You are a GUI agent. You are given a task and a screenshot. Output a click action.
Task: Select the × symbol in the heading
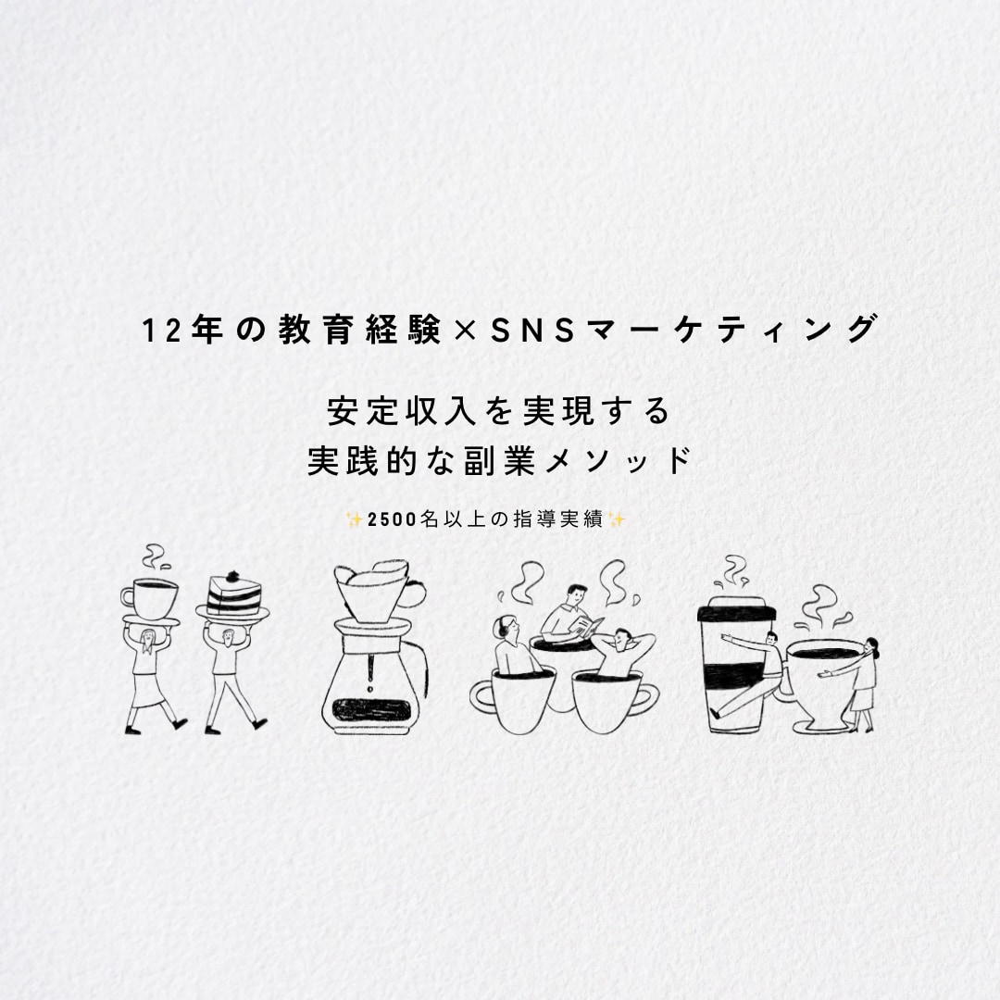coord(466,331)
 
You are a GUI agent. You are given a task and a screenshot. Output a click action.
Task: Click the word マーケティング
coord(732,330)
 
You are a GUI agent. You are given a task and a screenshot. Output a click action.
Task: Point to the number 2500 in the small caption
coord(393,519)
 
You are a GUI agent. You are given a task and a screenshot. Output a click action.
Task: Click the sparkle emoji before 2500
coord(354,519)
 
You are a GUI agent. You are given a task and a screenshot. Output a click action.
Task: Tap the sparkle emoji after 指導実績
coord(617,519)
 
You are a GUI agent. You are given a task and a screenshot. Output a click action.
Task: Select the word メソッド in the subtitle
coord(619,460)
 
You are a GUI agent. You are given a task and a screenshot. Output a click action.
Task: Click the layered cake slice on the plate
coord(234,594)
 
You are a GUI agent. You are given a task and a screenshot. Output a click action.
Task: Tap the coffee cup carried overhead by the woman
coord(150,598)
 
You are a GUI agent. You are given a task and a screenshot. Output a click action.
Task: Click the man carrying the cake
coord(231,677)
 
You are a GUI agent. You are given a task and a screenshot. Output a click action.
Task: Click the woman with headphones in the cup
coord(515,646)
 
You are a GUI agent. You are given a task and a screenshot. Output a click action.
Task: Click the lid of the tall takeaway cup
coord(737,609)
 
